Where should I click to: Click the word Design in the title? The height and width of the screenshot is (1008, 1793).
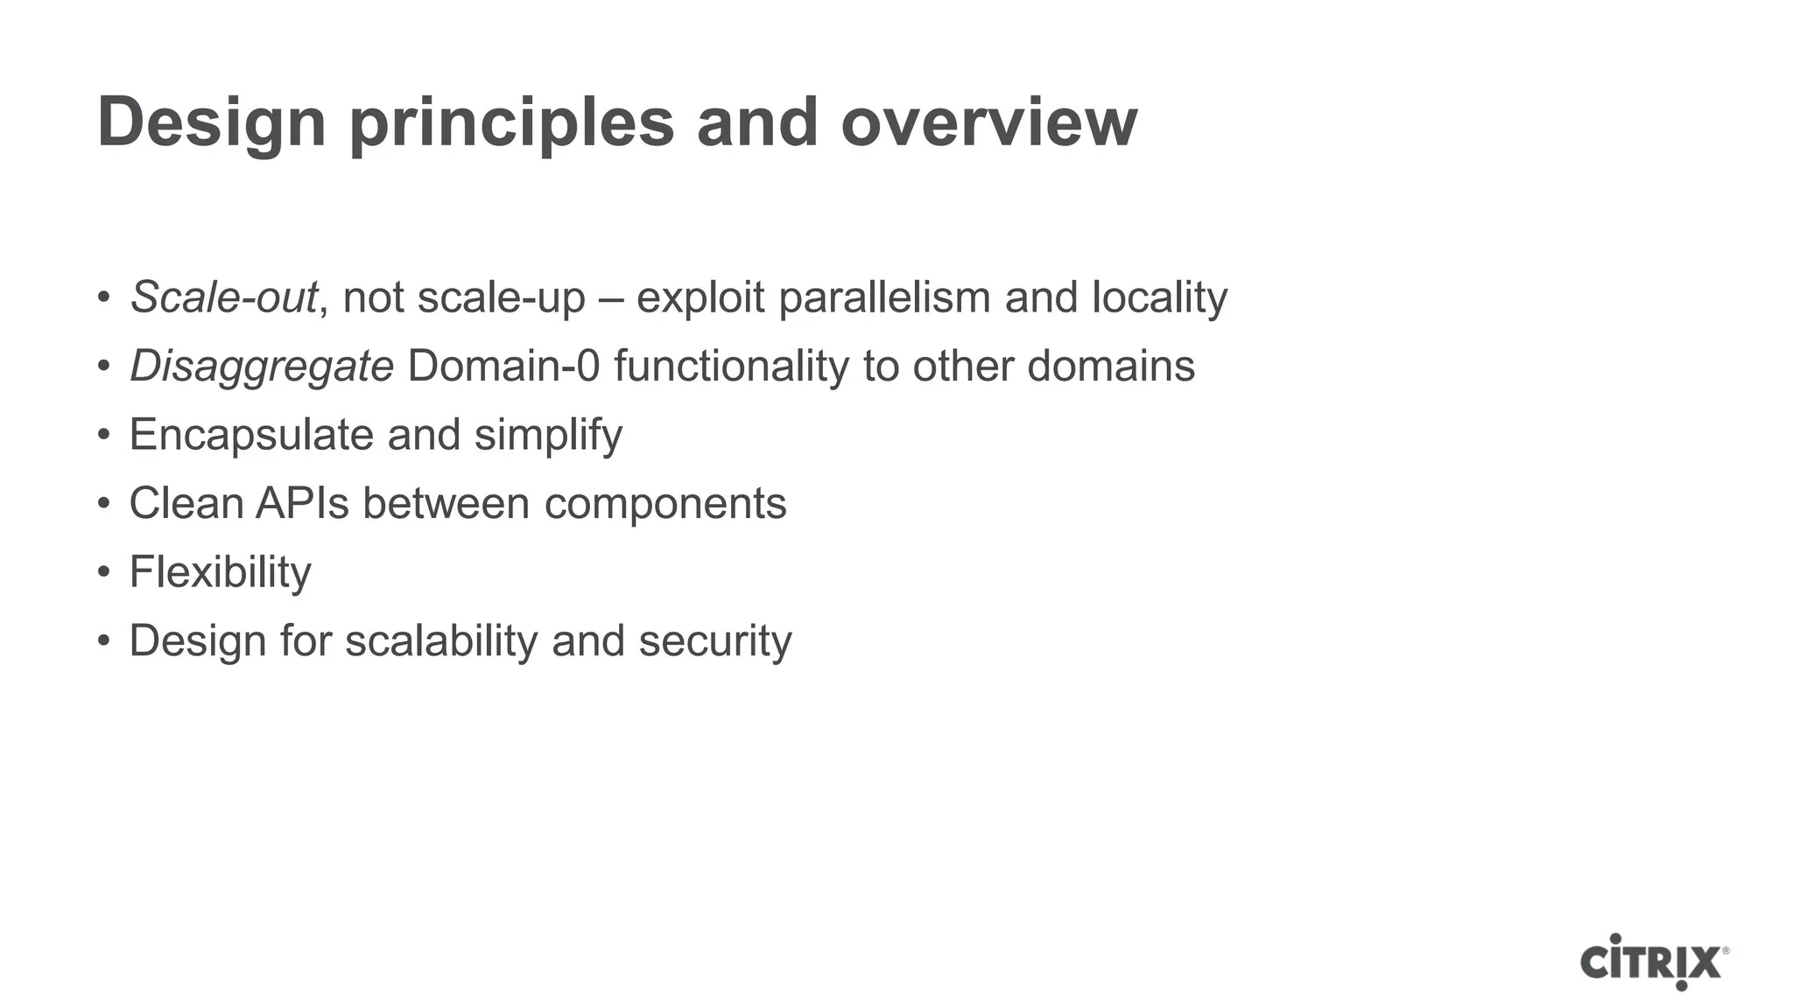point(211,122)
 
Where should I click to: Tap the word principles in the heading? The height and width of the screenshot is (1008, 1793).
point(511,122)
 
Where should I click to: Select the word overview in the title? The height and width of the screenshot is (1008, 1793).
point(988,122)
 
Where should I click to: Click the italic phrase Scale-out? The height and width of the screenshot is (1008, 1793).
point(223,297)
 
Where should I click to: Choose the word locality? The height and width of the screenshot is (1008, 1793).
point(1159,297)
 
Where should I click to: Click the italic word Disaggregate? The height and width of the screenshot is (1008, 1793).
point(262,366)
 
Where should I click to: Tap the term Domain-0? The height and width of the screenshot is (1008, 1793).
point(503,366)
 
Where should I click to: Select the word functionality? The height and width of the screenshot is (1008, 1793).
point(731,366)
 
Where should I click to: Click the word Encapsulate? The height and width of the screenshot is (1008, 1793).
point(251,435)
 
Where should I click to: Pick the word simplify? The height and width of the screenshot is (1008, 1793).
point(548,435)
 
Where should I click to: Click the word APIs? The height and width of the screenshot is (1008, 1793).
point(302,503)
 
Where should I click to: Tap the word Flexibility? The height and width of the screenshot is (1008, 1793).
point(220,572)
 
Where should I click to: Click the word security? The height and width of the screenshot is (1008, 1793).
point(715,640)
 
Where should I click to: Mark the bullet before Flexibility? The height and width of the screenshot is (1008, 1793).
point(104,573)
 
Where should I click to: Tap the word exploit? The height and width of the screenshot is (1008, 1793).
point(700,297)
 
